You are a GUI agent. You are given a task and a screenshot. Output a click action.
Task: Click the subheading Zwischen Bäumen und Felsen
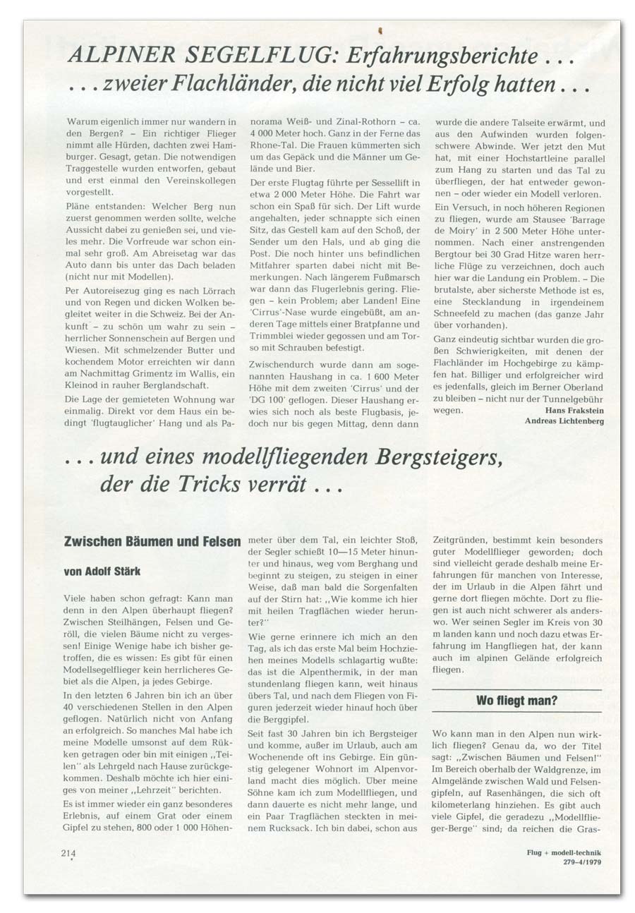click(152, 542)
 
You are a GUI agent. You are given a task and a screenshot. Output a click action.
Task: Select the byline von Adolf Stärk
click(107, 571)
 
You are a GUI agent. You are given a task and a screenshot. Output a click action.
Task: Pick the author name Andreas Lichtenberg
click(564, 421)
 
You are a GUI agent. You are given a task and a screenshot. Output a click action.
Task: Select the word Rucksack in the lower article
click(285, 830)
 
